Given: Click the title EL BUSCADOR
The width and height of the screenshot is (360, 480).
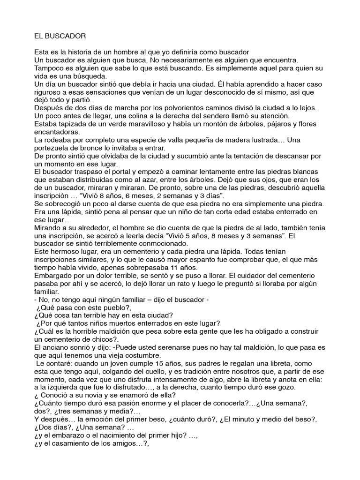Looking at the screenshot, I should pos(60,36).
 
